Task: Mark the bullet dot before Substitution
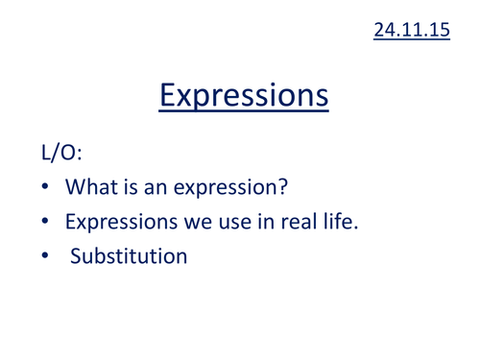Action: [x=45, y=257]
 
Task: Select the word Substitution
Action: [x=129, y=257]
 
